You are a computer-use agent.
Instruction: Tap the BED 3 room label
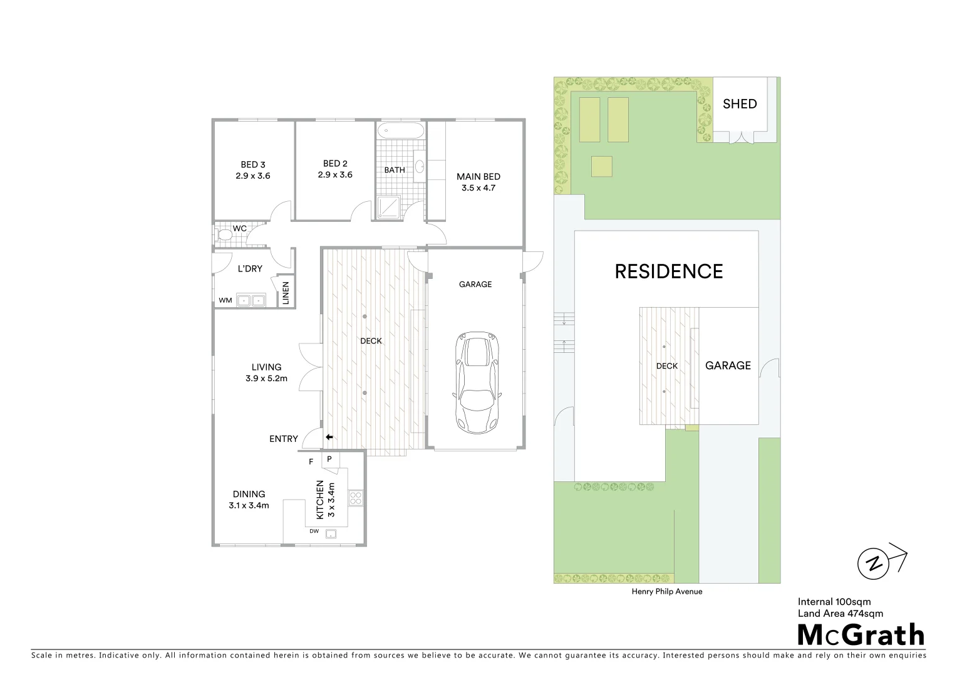point(253,165)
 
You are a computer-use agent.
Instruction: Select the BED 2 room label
point(335,164)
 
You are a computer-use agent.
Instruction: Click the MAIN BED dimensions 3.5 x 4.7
point(479,188)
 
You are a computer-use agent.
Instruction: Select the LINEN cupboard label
point(286,293)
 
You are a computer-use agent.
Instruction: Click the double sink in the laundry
point(251,300)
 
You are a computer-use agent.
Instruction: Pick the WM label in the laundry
point(225,301)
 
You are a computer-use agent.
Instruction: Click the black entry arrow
point(329,438)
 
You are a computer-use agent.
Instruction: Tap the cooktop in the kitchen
point(355,498)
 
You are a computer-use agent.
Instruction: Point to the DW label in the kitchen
point(314,532)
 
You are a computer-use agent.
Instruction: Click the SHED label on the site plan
point(740,104)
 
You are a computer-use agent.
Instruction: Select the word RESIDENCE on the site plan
point(668,271)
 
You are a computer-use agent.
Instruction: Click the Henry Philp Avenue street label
point(667,592)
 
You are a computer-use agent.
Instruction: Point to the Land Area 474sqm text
point(840,614)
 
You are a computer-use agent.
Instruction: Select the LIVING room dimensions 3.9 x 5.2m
point(267,379)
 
